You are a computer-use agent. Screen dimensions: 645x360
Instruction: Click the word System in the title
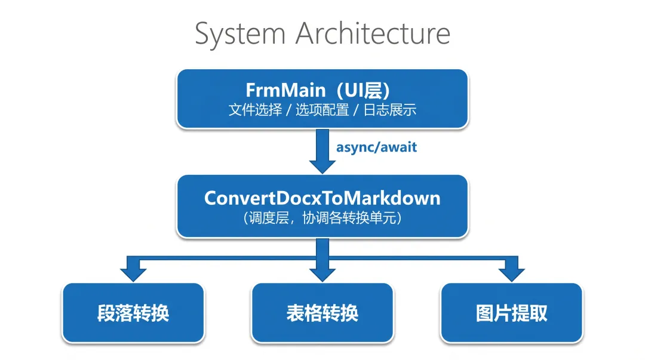[240, 34]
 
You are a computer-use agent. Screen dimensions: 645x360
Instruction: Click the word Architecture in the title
[373, 33]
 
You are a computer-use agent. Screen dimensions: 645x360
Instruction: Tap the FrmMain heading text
[285, 90]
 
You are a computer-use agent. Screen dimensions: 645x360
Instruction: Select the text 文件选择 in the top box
[256, 110]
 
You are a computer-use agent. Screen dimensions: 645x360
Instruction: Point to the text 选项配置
[322, 110]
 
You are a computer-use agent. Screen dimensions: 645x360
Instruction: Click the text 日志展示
[390, 110]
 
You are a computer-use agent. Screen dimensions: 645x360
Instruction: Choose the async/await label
[376, 147]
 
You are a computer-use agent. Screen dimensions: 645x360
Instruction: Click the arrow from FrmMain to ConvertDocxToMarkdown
[322, 151]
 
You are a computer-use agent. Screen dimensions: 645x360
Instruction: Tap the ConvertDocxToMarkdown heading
[322, 198]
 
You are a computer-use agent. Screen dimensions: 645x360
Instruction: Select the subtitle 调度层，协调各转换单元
[322, 218]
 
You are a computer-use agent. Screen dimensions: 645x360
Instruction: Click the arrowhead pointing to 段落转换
[133, 275]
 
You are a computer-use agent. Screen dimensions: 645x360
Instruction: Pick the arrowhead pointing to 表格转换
[322, 275]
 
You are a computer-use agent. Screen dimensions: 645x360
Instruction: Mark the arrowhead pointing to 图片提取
[512, 275]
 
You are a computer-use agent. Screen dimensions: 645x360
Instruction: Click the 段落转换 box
[133, 313]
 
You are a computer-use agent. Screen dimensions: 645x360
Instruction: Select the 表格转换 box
[322, 313]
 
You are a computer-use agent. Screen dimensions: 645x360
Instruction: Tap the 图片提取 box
[512, 313]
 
